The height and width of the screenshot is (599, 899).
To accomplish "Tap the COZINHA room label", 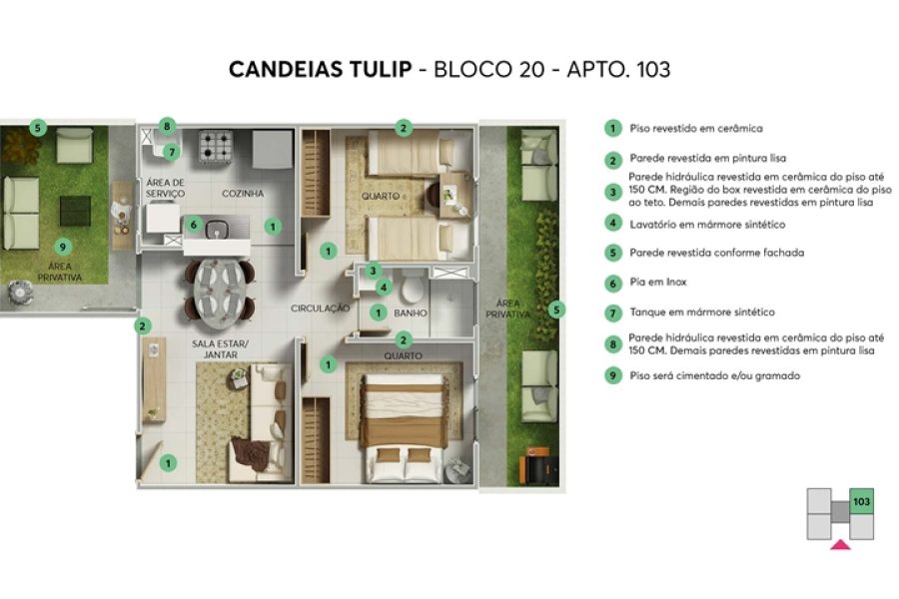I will (243, 194).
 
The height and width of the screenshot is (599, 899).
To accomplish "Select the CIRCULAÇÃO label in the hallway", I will (321, 308).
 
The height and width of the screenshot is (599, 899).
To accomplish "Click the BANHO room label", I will (411, 313).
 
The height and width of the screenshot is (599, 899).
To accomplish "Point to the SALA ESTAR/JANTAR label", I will (220, 348).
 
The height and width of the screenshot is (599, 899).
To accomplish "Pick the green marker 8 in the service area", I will (167, 127).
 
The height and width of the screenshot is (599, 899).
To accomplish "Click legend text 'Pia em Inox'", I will (657, 283).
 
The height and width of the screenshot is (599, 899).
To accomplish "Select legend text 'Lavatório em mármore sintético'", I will (707, 224).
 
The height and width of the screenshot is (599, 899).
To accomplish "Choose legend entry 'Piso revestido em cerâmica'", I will (696, 128).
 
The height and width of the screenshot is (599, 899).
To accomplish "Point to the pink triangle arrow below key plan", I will (840, 543).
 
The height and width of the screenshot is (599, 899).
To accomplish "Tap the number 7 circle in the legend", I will (612, 311).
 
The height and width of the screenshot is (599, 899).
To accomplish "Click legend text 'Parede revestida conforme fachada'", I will (716, 253).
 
